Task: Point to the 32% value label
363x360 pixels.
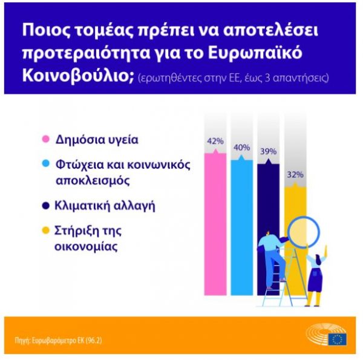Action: (295, 174)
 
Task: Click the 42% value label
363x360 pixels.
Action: (215, 141)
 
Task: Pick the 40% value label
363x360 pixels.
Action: (241, 147)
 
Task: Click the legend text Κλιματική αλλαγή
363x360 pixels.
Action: (104, 206)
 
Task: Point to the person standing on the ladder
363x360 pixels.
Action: (273, 254)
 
